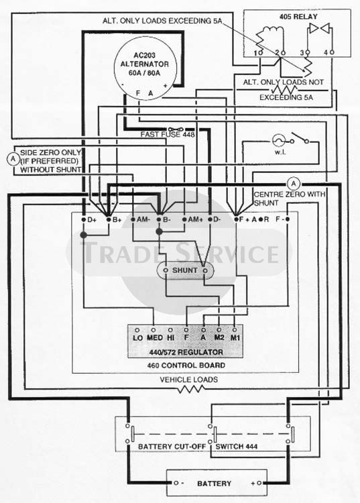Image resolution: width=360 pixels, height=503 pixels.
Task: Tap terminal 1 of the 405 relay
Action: coord(260,52)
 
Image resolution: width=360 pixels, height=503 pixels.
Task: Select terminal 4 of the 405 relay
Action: coord(332,52)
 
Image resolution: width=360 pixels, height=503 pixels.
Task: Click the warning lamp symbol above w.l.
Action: coord(278,141)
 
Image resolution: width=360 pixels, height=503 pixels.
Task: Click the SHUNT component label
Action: coord(185,270)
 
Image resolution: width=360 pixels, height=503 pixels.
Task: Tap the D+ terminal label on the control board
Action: coord(92,220)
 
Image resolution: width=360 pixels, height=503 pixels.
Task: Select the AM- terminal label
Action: coord(143,220)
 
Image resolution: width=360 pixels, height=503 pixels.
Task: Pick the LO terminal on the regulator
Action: coord(137,330)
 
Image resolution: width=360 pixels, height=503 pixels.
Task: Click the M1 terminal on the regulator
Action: coord(235,330)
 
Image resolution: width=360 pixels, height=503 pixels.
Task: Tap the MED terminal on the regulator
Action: coord(154,330)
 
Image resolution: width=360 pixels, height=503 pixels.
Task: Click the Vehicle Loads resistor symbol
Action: coord(191,389)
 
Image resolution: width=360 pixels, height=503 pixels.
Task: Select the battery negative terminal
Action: coord(176,483)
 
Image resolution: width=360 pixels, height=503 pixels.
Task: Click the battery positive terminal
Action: coord(259,483)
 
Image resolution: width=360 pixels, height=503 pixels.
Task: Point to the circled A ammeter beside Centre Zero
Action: coord(294,184)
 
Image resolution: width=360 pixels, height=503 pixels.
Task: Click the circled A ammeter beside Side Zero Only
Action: coord(13,159)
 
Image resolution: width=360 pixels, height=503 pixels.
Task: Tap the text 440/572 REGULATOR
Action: coord(186,352)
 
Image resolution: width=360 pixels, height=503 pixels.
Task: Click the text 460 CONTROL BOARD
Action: coord(186,365)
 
